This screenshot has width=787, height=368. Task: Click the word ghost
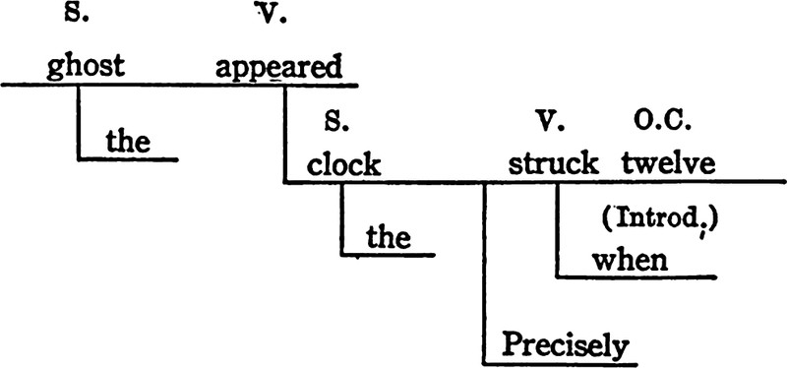click(x=86, y=67)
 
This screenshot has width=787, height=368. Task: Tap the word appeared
click(x=279, y=67)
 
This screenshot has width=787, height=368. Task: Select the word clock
click(x=343, y=165)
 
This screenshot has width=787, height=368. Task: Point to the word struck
click(x=553, y=163)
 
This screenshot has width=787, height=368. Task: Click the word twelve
click(x=668, y=163)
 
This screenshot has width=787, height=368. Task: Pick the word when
click(x=630, y=260)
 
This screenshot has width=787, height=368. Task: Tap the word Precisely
click(x=566, y=346)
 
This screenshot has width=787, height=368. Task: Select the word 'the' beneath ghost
click(x=128, y=141)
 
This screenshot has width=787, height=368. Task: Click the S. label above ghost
click(x=77, y=13)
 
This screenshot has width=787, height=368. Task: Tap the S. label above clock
click(x=336, y=122)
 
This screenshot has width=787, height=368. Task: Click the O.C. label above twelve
click(x=662, y=122)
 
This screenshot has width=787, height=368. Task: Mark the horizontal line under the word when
click(x=636, y=276)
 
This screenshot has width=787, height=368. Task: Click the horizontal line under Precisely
click(x=560, y=364)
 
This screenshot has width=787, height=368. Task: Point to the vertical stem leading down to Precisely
click(x=484, y=274)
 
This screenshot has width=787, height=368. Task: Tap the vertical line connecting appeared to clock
click(x=284, y=134)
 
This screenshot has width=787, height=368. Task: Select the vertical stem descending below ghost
click(x=79, y=123)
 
